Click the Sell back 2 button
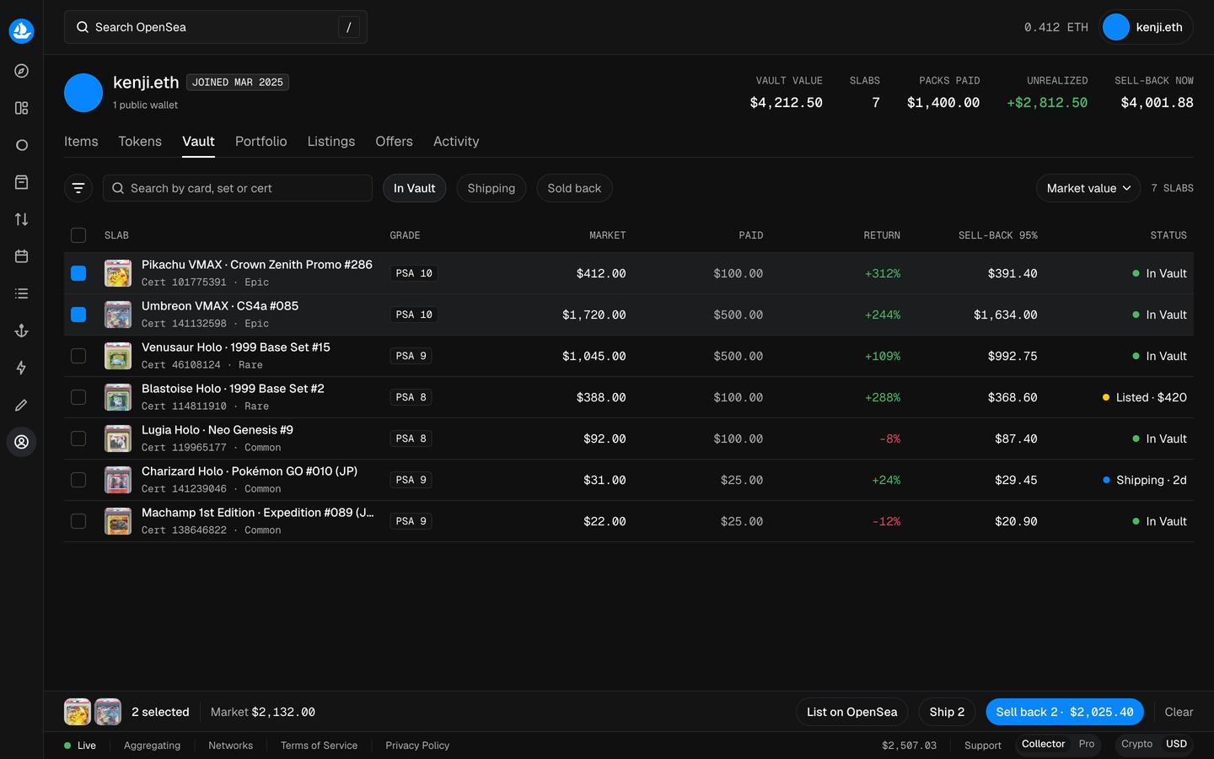click(1065, 712)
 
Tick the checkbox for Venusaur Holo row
click(78, 356)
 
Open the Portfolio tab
click(261, 141)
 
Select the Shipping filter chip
click(491, 188)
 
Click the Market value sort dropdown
click(1088, 188)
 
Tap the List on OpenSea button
click(851, 712)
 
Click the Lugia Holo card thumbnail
click(118, 439)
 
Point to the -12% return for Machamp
click(886, 521)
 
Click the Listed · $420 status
click(1145, 397)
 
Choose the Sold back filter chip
click(574, 188)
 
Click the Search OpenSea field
click(216, 27)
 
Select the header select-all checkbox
click(78, 235)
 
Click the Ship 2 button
click(947, 712)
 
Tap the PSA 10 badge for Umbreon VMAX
click(413, 315)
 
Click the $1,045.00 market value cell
click(594, 356)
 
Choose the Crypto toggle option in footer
click(1136, 744)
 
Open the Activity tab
click(456, 141)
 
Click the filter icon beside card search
click(78, 188)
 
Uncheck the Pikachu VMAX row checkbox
click(78, 273)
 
